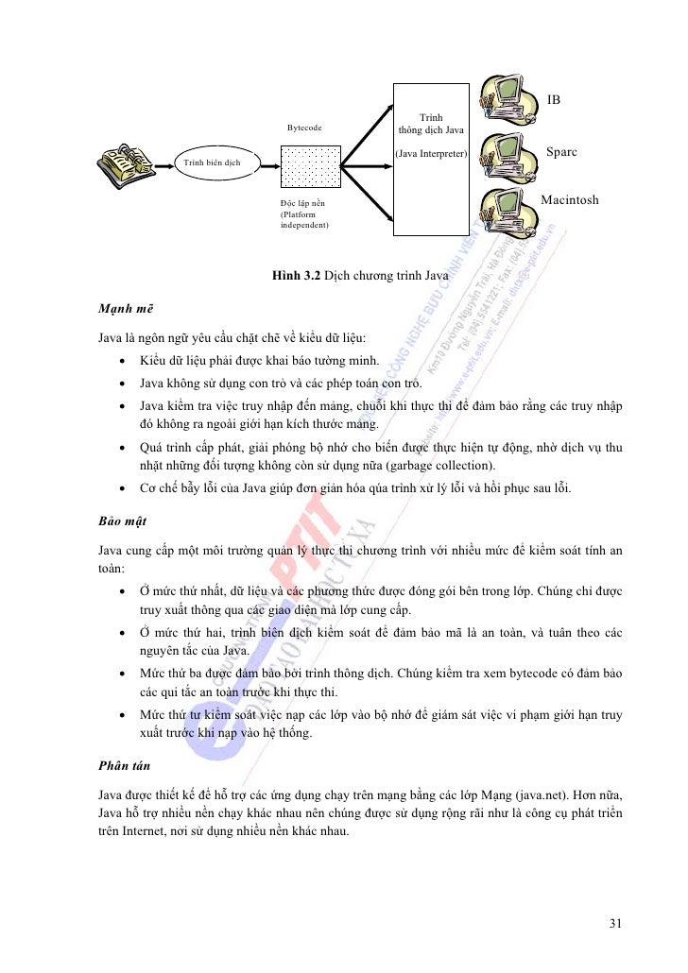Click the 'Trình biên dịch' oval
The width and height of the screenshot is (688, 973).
(x=212, y=162)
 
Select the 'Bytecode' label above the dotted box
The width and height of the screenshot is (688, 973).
(x=304, y=127)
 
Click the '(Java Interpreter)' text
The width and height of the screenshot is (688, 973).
(x=430, y=152)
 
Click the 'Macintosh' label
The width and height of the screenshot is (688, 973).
(x=569, y=200)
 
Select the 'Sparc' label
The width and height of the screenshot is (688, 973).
(x=561, y=152)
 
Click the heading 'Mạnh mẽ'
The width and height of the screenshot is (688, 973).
(x=125, y=309)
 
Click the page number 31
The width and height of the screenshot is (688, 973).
(x=615, y=924)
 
